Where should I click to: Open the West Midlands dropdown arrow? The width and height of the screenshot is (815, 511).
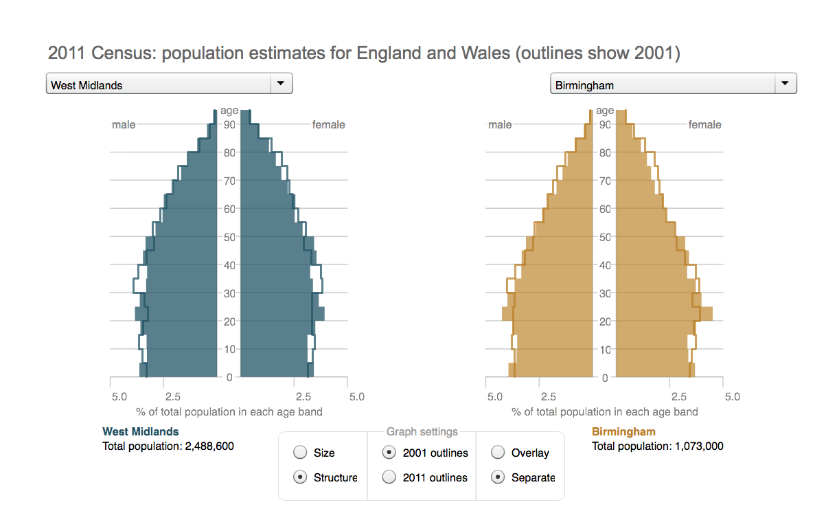coord(280,84)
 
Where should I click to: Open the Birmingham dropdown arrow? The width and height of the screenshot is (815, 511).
coord(785,84)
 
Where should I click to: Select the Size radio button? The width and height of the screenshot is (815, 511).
coord(300,453)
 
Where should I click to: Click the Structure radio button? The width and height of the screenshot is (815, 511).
coord(300,477)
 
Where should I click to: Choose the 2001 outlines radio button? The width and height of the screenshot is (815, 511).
coord(389,453)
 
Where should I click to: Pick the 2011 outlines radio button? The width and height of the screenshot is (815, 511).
coord(389,477)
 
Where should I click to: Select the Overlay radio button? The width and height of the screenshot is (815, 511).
coord(498,453)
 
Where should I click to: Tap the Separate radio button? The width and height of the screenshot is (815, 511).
coord(498,477)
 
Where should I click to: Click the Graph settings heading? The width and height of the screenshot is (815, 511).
coord(422,432)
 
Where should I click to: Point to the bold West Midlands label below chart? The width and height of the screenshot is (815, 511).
coord(140,432)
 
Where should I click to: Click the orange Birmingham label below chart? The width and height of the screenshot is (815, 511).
coord(623,432)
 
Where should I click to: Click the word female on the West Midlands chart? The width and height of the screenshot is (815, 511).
coord(328,125)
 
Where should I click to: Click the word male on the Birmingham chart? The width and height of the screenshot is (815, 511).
coord(499,125)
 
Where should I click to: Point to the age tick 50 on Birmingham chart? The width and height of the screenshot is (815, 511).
coord(605,237)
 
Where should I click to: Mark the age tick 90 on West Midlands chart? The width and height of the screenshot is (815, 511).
coord(229,124)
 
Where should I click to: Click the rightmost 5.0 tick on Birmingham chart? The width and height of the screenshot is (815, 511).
coord(732,397)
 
